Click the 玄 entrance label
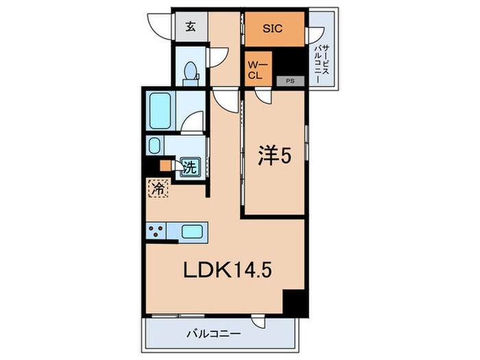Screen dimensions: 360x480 coord(189,28)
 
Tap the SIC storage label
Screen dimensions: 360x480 coord(274,30)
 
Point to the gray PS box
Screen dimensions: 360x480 coord(291,81)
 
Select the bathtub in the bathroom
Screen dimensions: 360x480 coord(161,111)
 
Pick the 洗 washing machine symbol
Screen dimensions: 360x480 coord(189,165)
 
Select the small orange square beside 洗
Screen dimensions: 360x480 coord(165,165)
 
